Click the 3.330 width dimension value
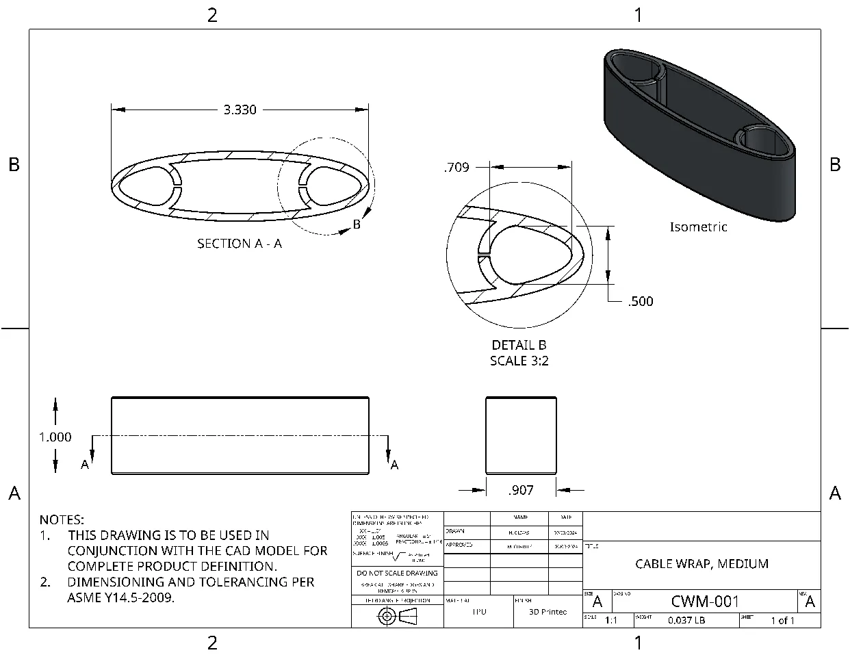[x=240, y=109]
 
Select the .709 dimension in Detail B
[x=456, y=167]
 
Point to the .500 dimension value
[x=641, y=301]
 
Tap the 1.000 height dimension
[x=55, y=437]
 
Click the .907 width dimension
[x=521, y=490]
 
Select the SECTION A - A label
[x=240, y=243]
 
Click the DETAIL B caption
[x=519, y=345]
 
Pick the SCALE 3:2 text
[x=519, y=361]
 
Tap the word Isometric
[x=698, y=227]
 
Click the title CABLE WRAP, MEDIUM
[x=701, y=563]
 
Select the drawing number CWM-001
[x=705, y=601]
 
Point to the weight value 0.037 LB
[x=686, y=620]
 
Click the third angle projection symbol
[x=398, y=617]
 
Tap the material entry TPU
[x=479, y=611]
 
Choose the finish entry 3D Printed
[x=548, y=612]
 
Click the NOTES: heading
[x=62, y=520]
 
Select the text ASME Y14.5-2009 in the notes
[x=120, y=597]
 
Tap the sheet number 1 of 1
[x=782, y=620]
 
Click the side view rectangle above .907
[x=521, y=435]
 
